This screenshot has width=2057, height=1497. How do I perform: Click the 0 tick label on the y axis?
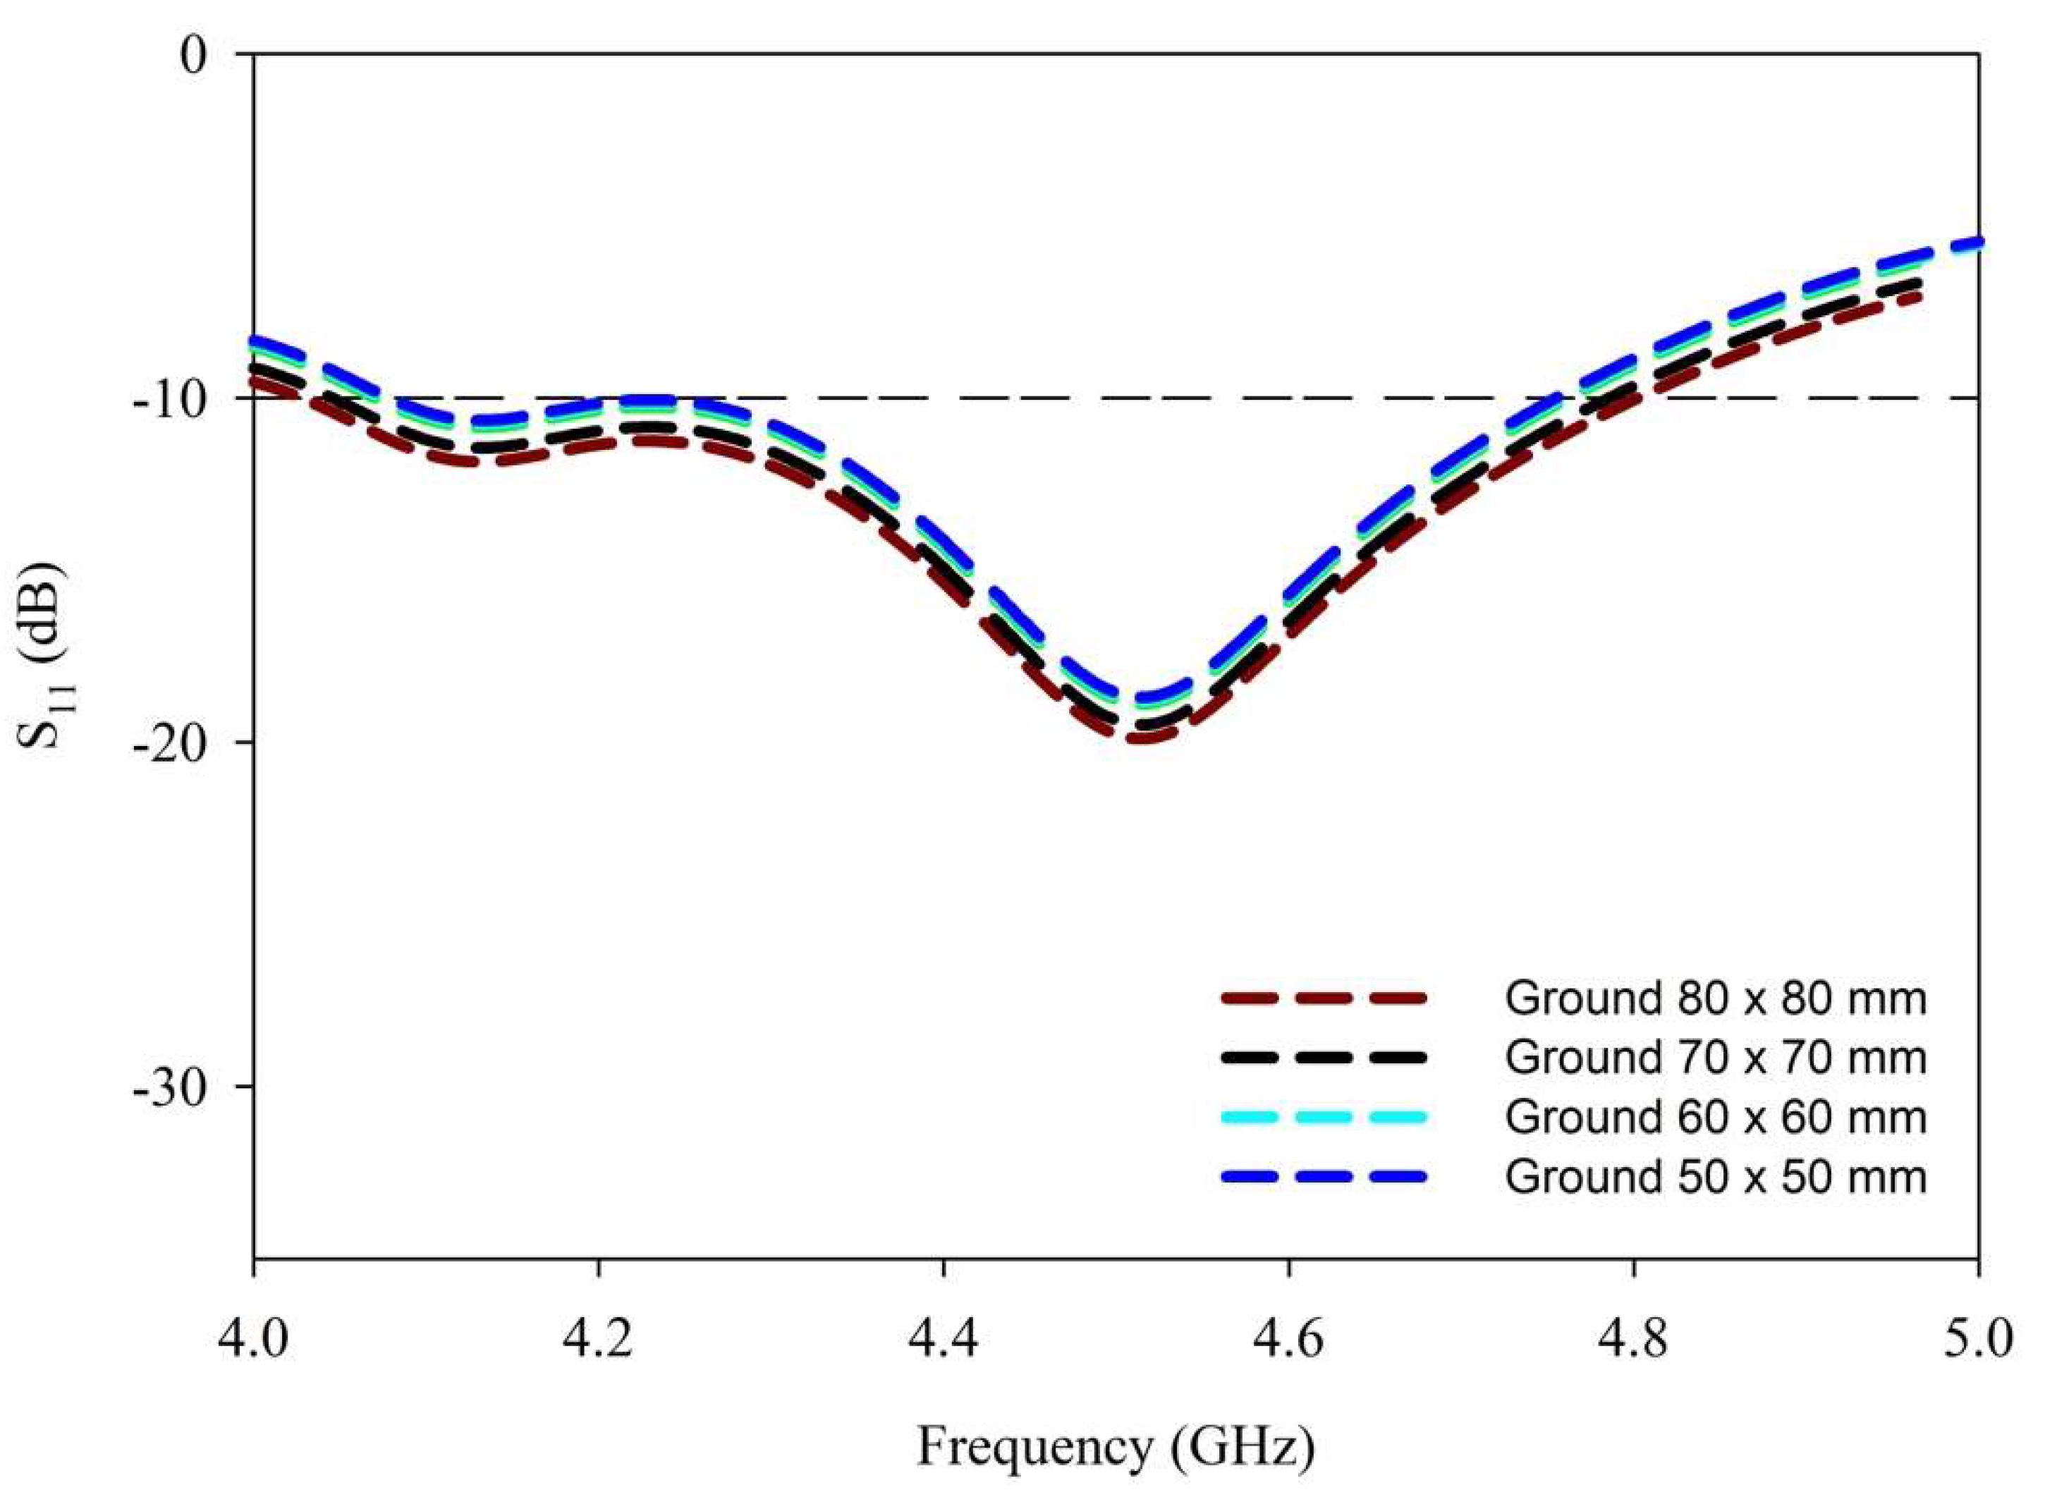click(x=193, y=56)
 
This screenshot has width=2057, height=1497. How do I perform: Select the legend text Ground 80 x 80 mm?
click(x=1715, y=999)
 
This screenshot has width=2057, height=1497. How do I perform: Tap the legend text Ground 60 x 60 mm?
click(x=1715, y=1117)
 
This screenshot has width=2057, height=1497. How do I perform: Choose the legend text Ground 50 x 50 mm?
click(x=1715, y=1177)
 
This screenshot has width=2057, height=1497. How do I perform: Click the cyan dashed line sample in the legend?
click(x=1324, y=1117)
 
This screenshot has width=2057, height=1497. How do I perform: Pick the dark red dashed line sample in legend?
click(x=1324, y=999)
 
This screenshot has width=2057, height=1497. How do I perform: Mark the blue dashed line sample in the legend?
click(x=1324, y=1177)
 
